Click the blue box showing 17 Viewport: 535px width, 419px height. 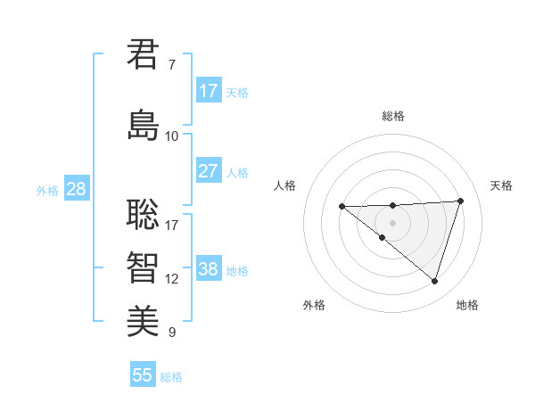[209, 91]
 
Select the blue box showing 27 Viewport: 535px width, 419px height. [209, 170]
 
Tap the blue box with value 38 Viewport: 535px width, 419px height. [209, 270]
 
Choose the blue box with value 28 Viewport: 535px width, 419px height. [76, 189]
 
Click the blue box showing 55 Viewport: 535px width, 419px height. [143, 375]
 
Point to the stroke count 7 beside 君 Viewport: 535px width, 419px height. [172, 65]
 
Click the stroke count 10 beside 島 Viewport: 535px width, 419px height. [172, 136]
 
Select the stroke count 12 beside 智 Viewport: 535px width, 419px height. [172, 279]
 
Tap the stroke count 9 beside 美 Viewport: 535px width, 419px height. [172, 333]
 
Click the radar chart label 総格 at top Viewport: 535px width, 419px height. [393, 116]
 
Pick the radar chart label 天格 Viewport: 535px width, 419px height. [502, 185]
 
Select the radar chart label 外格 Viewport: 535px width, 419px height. [314, 305]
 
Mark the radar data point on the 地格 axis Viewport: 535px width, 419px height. [434, 282]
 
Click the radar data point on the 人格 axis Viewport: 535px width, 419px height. [342, 207]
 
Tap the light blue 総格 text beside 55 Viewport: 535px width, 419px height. [171, 377]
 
